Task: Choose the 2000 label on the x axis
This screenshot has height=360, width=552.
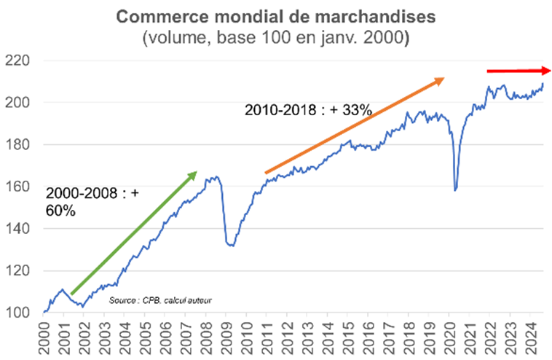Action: coord(45,335)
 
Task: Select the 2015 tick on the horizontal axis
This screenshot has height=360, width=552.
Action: coord(349,335)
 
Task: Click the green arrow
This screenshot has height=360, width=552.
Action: coord(133,233)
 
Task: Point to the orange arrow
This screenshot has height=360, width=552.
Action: coord(354,125)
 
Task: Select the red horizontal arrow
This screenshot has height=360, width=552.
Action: coord(519,71)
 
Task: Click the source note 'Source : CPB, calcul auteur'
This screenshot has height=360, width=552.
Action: coord(165,300)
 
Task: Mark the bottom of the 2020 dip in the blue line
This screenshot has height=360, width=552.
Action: coord(455,190)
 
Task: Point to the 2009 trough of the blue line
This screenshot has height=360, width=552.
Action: coord(230,246)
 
